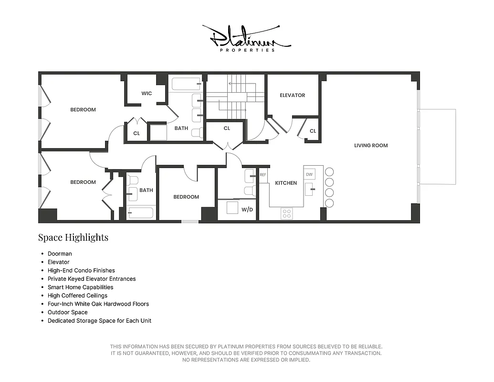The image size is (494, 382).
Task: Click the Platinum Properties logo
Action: click(246, 38)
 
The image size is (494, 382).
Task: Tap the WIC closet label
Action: click(147, 93)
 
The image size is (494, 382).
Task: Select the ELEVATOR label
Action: click(292, 95)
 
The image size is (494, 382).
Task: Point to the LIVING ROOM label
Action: click(371, 145)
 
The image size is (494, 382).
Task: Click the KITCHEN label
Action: click(286, 183)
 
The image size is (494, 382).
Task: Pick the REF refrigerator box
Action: click(263, 175)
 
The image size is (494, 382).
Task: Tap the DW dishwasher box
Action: click(309, 174)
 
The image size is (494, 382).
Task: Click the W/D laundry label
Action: click(247, 209)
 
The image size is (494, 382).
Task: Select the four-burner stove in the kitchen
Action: click(286, 213)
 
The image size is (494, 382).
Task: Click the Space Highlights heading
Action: click(73, 237)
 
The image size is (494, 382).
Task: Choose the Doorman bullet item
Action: click(60, 254)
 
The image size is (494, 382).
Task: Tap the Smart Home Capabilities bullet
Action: click(80, 287)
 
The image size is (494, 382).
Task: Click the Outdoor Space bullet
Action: click(67, 312)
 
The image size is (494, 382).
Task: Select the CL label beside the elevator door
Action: click(313, 131)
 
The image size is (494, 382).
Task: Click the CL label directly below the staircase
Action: click(227, 128)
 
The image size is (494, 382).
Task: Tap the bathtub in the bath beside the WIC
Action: click(186, 84)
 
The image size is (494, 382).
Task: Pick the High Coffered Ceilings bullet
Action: click(77, 296)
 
